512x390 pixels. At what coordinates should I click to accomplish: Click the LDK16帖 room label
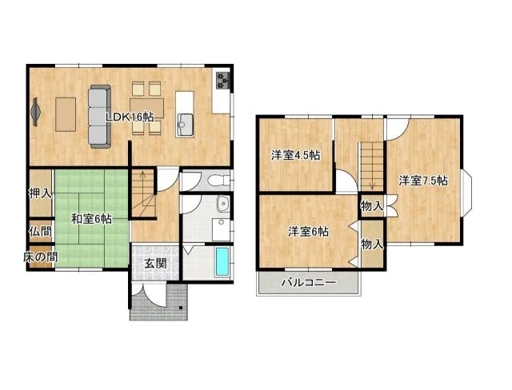[130, 117]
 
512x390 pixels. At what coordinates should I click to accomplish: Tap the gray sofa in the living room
[100, 117]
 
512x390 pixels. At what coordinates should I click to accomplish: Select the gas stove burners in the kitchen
[223, 80]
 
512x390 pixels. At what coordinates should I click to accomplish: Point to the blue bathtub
[222, 261]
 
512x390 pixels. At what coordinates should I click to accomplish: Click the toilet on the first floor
[219, 180]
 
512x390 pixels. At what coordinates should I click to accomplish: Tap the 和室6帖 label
[91, 219]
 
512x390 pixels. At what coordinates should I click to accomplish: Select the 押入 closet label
[40, 193]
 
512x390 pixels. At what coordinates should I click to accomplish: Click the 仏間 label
[41, 232]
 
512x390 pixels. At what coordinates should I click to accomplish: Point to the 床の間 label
[41, 257]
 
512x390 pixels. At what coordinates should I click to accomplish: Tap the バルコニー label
[309, 282]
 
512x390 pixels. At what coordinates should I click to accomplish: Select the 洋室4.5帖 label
[295, 155]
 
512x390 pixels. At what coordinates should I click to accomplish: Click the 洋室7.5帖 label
[423, 181]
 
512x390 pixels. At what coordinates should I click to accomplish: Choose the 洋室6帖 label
[308, 232]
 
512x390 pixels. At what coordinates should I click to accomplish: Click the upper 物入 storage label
[372, 206]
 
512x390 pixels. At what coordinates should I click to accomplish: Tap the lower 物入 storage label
[372, 245]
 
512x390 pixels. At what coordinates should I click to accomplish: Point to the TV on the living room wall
[35, 112]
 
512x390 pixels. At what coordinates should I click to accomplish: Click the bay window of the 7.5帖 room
[467, 193]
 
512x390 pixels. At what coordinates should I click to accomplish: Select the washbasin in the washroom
[223, 204]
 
